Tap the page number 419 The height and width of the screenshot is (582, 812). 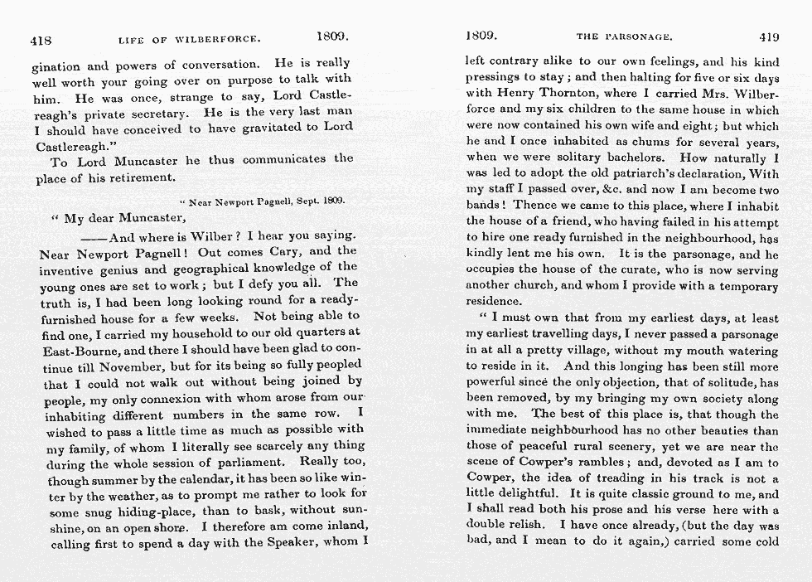pos(769,36)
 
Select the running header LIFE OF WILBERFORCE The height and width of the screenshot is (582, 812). pos(190,38)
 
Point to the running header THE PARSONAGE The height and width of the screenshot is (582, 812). pos(624,37)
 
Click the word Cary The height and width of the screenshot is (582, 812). pos(289,251)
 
